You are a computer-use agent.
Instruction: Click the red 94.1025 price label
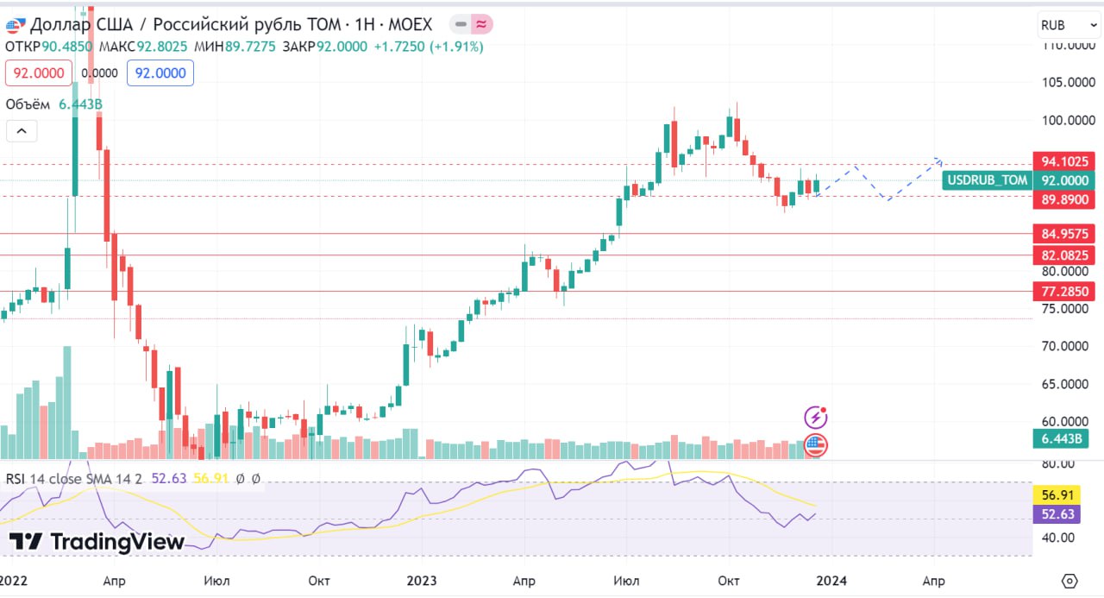pyautogui.click(x=1064, y=161)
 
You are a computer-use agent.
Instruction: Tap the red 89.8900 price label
pyautogui.click(x=1064, y=199)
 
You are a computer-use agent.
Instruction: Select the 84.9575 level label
pyautogui.click(x=1064, y=234)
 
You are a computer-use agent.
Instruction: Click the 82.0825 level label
pyautogui.click(x=1064, y=255)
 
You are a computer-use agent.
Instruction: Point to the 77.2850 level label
pyautogui.click(x=1064, y=292)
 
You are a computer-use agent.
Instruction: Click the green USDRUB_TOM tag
pyautogui.click(x=988, y=180)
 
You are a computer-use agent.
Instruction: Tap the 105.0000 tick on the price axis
pyautogui.click(x=1067, y=83)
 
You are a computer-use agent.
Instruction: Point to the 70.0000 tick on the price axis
pyautogui.click(x=1067, y=346)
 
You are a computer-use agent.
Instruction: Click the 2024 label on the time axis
pyautogui.click(x=829, y=581)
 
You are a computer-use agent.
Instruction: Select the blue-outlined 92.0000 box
pyautogui.click(x=160, y=73)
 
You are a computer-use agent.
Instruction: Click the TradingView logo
pyautogui.click(x=97, y=542)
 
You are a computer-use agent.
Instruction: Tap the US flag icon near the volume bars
pyautogui.click(x=815, y=445)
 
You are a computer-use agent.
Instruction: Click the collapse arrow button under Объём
pyautogui.click(x=22, y=131)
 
